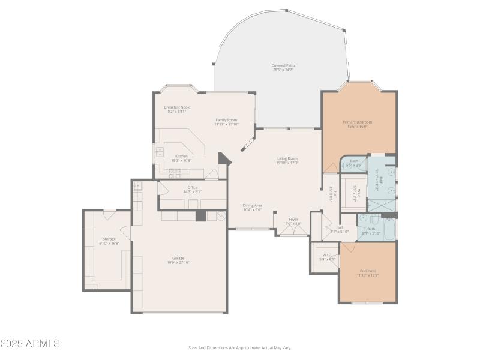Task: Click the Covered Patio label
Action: coord(283,65)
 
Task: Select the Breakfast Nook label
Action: coord(176,107)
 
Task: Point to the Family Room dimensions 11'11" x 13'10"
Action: coord(226,124)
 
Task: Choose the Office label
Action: coord(192,187)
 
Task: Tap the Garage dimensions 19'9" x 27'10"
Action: coord(178,262)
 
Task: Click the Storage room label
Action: coord(109,239)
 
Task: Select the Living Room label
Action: coord(287,158)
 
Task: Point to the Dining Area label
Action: coord(252,205)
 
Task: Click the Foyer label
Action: coord(293,219)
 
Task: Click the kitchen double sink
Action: coord(160,152)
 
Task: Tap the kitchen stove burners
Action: coord(175,173)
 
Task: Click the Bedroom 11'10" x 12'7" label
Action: coord(367,271)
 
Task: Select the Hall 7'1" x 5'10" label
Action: coord(339,227)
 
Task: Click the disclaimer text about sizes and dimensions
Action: coord(239,347)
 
